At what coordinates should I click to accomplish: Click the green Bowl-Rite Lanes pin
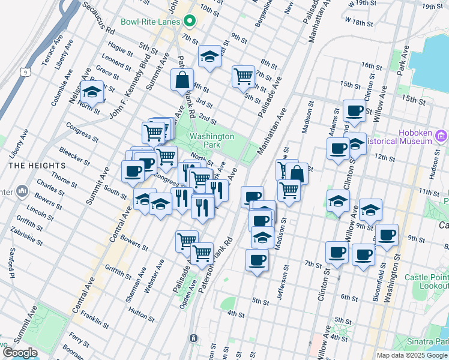[x=190, y=22]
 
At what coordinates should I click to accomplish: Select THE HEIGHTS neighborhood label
[x=37, y=165]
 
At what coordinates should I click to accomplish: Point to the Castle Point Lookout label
[x=427, y=282]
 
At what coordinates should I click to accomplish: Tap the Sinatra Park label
[x=432, y=341]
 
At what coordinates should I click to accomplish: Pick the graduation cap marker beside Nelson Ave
[x=92, y=93]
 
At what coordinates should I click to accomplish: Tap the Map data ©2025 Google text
[x=411, y=355]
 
